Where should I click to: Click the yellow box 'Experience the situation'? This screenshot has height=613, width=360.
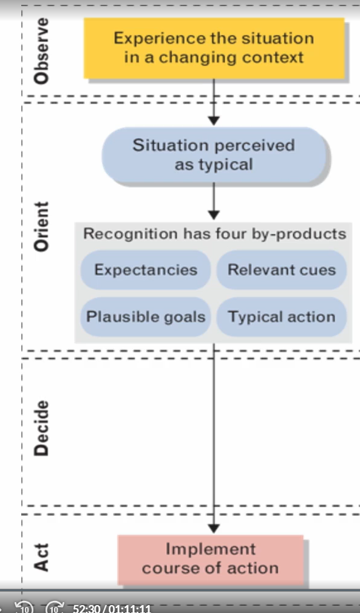click(214, 48)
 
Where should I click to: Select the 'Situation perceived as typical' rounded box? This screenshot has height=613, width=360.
click(214, 155)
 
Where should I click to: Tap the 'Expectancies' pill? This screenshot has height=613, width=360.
click(145, 270)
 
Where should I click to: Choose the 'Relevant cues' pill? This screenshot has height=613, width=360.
click(281, 270)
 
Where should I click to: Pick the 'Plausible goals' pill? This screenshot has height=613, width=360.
click(145, 317)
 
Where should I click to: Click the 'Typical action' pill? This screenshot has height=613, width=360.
click(281, 317)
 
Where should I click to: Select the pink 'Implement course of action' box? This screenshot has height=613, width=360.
click(210, 559)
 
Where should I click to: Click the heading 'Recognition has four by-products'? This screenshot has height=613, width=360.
click(214, 234)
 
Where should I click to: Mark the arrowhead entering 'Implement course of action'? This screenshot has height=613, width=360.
click(214, 527)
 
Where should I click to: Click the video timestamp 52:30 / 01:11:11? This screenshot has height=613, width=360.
click(112, 608)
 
